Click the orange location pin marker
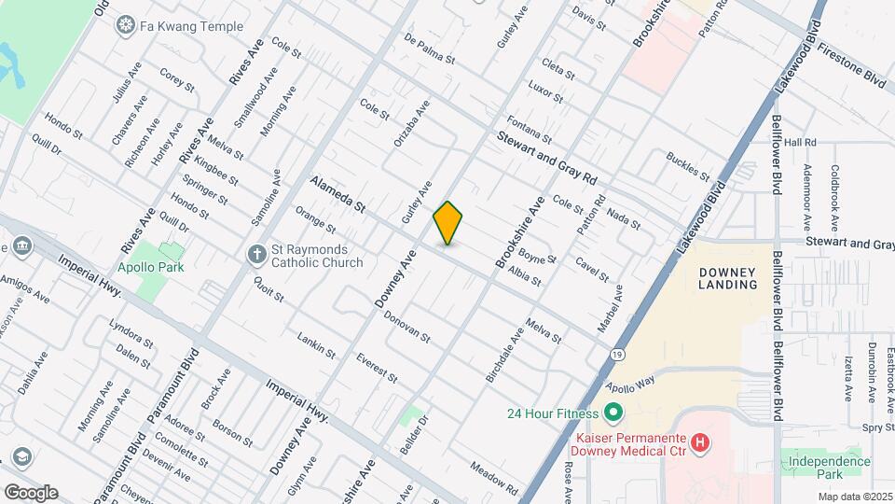(448, 222)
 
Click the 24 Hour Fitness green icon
(613, 412)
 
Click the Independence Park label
(826, 469)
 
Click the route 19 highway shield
(617, 355)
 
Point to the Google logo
(31, 492)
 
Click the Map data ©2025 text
(855, 497)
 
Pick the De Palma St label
(429, 49)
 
